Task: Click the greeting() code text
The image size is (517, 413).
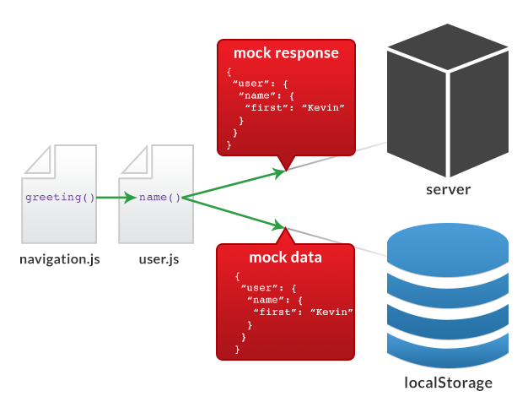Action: pos(60,198)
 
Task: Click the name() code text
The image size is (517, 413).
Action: pos(160,198)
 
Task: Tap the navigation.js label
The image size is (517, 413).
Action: pos(60,259)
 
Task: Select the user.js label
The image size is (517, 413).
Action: pos(159,259)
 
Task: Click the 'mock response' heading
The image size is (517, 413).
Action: pos(286,53)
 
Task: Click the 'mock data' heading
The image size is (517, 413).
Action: pos(285,258)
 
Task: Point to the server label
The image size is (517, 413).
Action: pos(448,189)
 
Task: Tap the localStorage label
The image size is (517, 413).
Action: pos(448,383)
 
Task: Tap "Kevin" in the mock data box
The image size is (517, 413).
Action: pos(331,312)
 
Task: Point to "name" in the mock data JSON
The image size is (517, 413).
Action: pos(264,300)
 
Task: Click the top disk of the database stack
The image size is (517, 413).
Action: pos(448,244)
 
